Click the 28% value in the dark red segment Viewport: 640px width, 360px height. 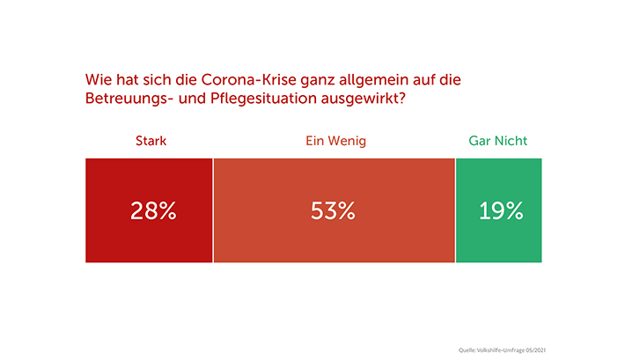click(x=153, y=211)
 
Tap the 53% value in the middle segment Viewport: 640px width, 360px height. click(x=333, y=211)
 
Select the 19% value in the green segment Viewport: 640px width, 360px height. click(x=501, y=211)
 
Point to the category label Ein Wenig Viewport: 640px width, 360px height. click(x=335, y=141)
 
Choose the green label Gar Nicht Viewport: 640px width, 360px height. click(x=498, y=141)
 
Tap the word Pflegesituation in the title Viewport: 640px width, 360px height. click(x=258, y=99)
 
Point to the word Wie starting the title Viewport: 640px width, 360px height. click(x=96, y=80)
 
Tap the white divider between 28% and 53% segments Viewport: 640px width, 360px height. click(x=213, y=210)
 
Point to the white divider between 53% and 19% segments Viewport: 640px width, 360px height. click(x=455, y=210)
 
